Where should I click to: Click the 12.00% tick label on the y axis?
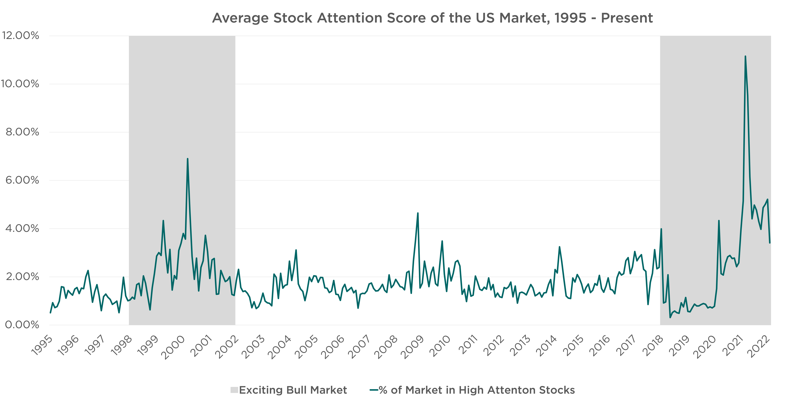pyautogui.click(x=21, y=35)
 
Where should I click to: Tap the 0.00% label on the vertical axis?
pyautogui.click(x=22, y=325)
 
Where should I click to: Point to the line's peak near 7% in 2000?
pyautogui.click(x=188, y=159)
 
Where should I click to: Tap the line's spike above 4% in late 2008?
pyautogui.click(x=418, y=213)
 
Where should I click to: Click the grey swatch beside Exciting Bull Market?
pyautogui.click(x=234, y=390)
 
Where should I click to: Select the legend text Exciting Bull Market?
pyautogui.click(x=293, y=390)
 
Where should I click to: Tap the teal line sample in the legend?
pyautogui.click(x=374, y=390)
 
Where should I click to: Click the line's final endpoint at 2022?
pyautogui.click(x=770, y=243)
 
